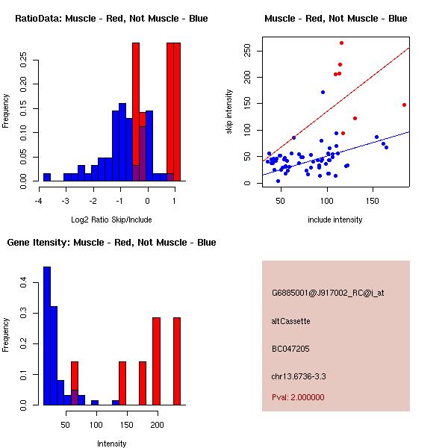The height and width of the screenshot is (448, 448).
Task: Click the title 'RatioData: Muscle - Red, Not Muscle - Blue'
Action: coord(111,18)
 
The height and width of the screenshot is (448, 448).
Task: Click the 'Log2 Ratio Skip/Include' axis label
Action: coord(112,220)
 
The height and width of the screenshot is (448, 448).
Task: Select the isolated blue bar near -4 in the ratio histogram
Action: coord(46,177)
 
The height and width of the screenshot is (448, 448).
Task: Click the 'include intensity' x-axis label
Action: coord(335,220)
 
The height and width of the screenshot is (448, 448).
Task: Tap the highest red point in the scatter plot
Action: coord(341,43)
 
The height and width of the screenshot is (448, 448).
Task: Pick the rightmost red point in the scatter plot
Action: coord(404,105)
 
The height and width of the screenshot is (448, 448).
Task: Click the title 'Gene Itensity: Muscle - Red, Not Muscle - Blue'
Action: coord(111,242)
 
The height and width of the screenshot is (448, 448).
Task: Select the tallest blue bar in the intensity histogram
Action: coord(47,335)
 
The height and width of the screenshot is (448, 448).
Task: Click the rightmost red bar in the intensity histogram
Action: coord(177,361)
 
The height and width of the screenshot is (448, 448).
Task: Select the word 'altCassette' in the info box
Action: coord(290,320)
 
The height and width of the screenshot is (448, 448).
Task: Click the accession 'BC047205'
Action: coord(290,348)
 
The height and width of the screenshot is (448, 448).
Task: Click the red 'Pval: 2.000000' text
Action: coord(298,397)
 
